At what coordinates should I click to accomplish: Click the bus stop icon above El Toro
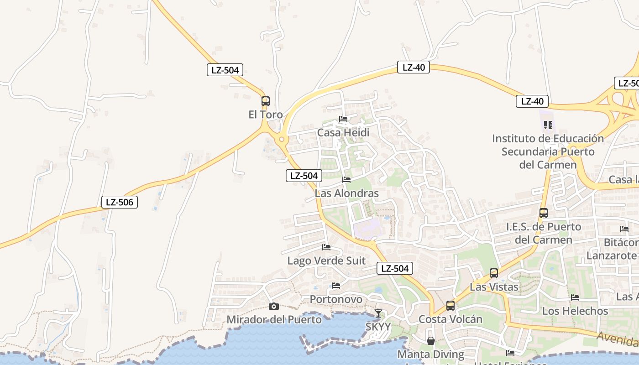[x=266, y=101]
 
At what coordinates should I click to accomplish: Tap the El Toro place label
[x=266, y=115]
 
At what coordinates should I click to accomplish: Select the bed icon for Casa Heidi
[x=343, y=120]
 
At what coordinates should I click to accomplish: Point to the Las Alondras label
[x=347, y=193]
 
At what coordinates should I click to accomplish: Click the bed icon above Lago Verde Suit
[x=326, y=247]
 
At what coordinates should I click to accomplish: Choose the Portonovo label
[x=336, y=299]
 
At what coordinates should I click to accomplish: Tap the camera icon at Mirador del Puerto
[x=274, y=306]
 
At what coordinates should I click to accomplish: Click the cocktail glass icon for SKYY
[x=378, y=313]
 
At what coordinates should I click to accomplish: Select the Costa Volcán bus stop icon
[x=450, y=306]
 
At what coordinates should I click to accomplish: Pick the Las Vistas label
[x=494, y=287]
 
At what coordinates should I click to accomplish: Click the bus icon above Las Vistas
[x=494, y=273]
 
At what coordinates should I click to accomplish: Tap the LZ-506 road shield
[x=120, y=202]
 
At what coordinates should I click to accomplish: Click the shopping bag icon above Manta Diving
[x=431, y=341]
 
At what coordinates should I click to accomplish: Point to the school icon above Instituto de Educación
[x=548, y=125]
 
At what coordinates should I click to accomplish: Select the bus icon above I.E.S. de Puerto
[x=544, y=213]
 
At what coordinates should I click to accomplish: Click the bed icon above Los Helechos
[x=575, y=297]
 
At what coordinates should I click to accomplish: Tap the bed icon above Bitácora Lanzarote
[x=624, y=229]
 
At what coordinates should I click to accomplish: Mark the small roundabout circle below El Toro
[x=282, y=139]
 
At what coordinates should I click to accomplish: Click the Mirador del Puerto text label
[x=274, y=319]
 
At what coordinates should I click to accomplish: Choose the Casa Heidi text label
[x=343, y=133]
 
